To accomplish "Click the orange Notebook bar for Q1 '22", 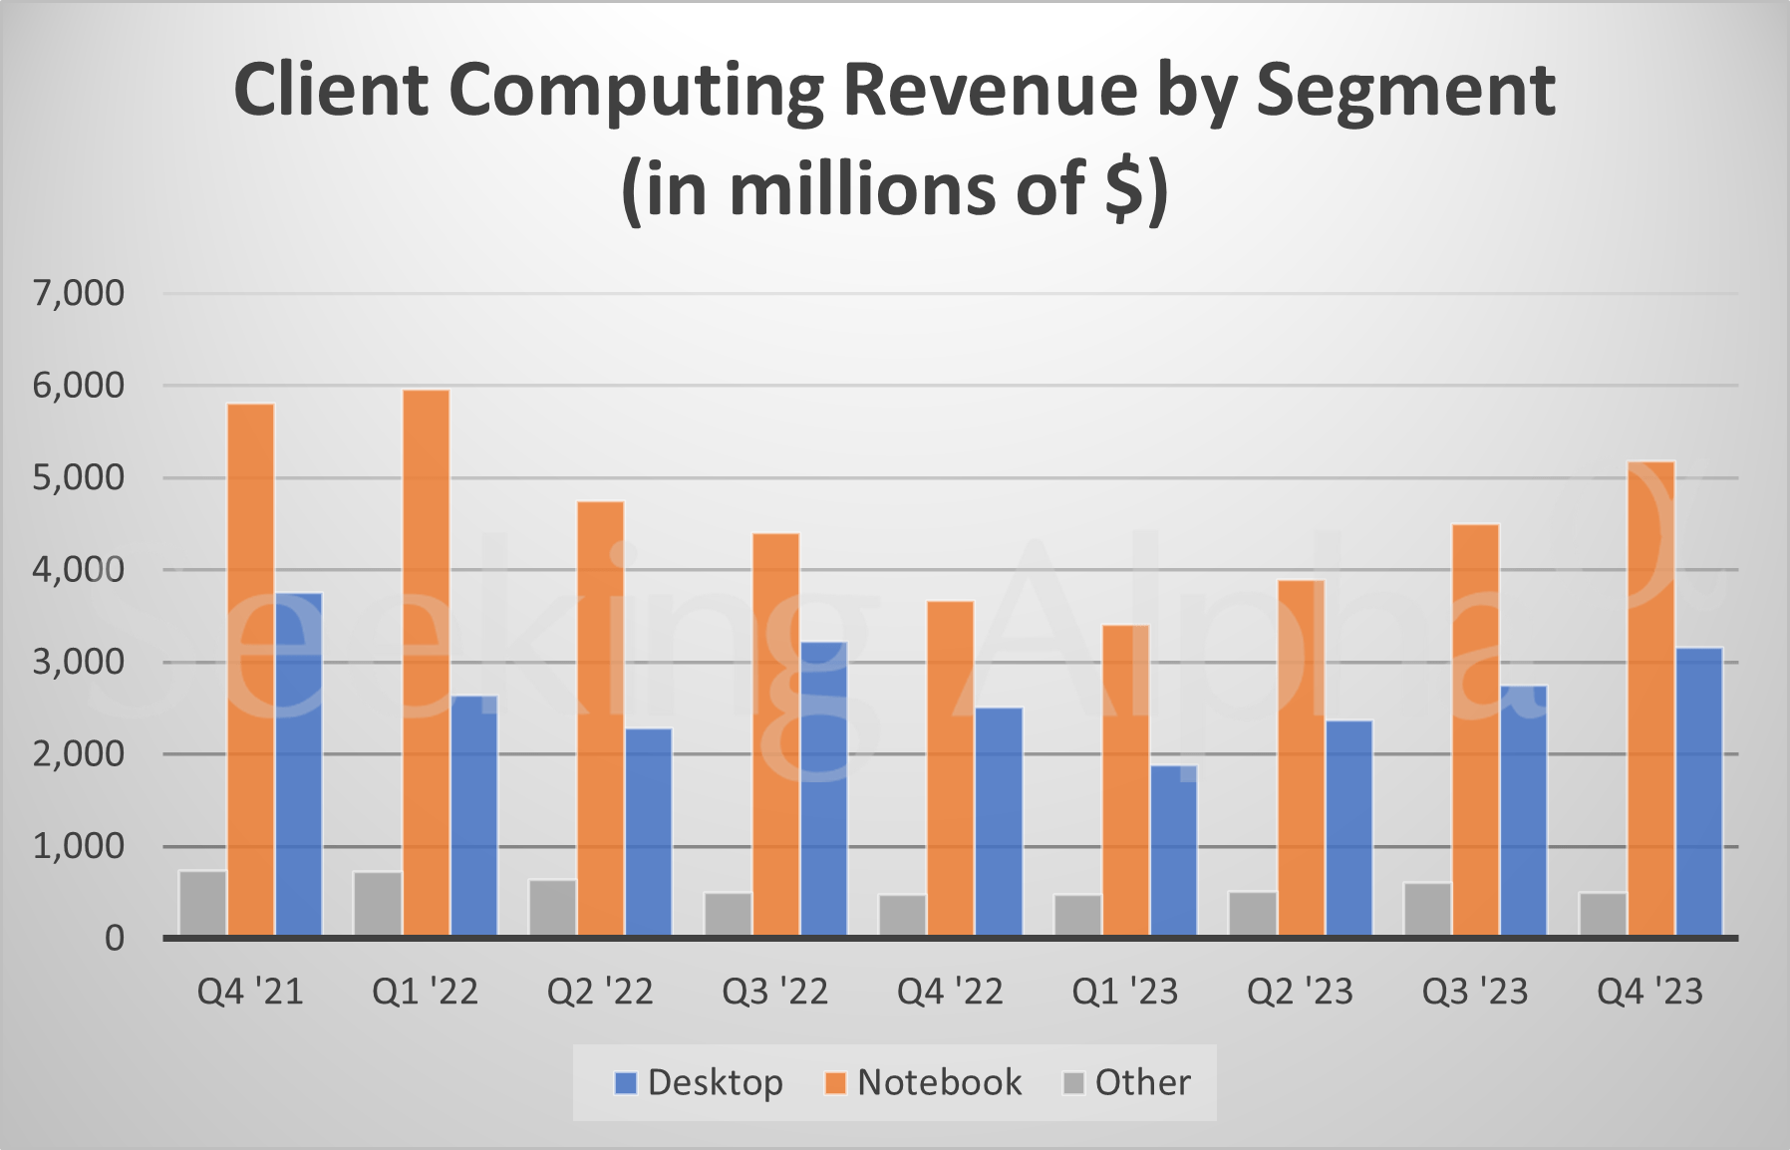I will pyautogui.click(x=427, y=663).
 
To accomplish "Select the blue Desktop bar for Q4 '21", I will pyautogui.click(x=299, y=764).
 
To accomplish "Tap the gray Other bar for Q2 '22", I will pyautogui.click(x=552, y=907).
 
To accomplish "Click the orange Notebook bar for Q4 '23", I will pyautogui.click(x=1650, y=698).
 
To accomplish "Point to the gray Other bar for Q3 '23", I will pyautogui.click(x=1427, y=908).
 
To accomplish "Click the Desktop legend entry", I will pyautogui.click(x=699, y=1082).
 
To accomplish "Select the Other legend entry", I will pyautogui.click(x=1127, y=1082).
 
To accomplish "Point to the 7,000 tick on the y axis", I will pyautogui.click(x=79, y=293).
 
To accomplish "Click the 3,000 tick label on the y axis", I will pyautogui.click(x=79, y=662).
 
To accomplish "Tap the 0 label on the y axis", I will pyautogui.click(x=115, y=938).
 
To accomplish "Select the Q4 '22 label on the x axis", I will pyautogui.click(x=950, y=992).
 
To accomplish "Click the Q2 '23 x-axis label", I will pyautogui.click(x=1300, y=992).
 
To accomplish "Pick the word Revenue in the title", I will pyautogui.click(x=991, y=91).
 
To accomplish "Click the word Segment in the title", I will pyautogui.click(x=1405, y=91).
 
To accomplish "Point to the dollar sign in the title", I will pyautogui.click(x=1124, y=189).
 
